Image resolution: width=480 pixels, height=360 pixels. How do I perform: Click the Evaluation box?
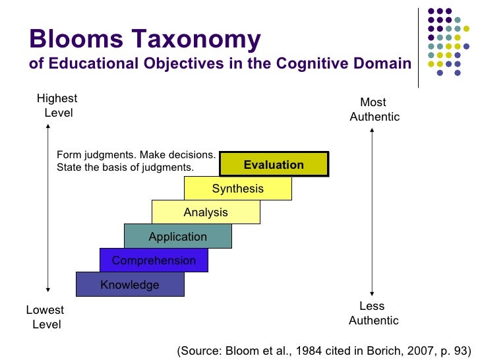click(x=274, y=165)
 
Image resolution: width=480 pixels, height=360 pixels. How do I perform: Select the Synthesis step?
click(x=237, y=189)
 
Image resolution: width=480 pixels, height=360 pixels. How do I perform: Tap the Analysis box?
click(x=206, y=212)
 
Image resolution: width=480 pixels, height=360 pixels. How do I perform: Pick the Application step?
click(x=177, y=237)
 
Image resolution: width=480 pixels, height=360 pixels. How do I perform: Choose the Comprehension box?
click(x=154, y=260)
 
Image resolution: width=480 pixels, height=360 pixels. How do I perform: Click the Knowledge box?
click(x=130, y=285)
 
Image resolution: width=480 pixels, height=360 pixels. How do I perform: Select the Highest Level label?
click(x=57, y=105)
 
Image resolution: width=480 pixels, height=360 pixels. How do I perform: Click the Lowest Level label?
click(x=45, y=317)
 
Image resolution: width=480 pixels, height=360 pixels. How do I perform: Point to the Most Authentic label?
click(x=374, y=109)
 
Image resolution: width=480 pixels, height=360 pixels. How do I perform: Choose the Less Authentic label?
click(x=373, y=313)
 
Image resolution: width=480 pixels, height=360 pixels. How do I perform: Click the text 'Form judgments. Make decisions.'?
click(x=136, y=155)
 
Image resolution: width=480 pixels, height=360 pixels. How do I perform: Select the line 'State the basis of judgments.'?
click(x=125, y=167)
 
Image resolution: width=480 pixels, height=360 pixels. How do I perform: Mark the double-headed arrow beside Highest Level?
click(x=48, y=208)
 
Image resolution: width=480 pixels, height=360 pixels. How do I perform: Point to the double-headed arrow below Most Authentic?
click(x=373, y=212)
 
